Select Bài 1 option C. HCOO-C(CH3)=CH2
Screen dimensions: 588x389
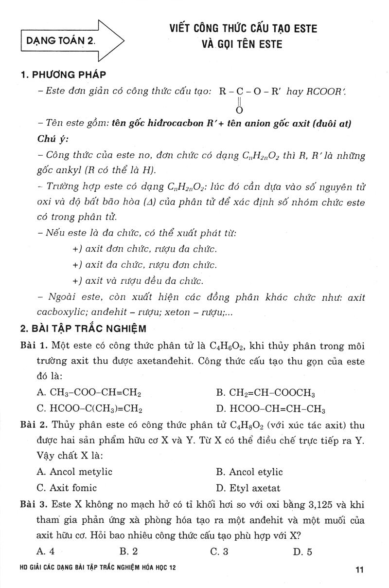tap(89, 408)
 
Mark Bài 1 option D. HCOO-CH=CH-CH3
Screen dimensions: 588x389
tap(270, 408)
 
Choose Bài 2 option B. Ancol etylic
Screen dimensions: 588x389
tap(249, 472)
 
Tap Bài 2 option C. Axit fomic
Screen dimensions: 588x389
tap(67, 487)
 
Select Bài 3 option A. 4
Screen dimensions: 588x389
tap(47, 551)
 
